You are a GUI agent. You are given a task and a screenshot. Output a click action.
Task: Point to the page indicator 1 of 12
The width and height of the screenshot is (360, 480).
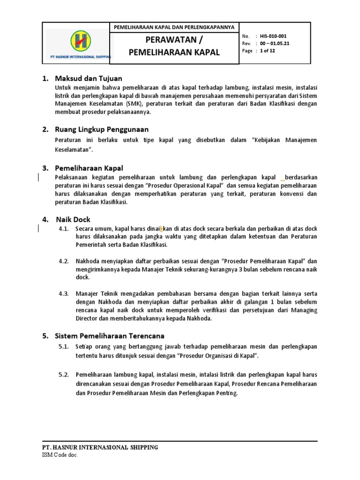click(268, 51)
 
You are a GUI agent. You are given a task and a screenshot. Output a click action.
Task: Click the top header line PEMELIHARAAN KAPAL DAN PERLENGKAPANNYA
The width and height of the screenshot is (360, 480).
click(174, 27)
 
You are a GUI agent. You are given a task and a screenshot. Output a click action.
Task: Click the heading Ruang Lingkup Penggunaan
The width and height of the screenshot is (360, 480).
click(102, 129)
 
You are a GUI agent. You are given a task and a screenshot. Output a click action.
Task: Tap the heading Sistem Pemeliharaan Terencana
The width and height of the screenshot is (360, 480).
click(110, 336)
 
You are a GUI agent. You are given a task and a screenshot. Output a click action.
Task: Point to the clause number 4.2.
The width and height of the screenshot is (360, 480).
click(64, 261)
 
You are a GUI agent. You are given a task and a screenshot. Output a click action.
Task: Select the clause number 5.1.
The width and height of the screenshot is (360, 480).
click(64, 346)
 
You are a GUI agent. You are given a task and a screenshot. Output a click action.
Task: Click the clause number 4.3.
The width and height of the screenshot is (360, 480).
click(64, 293)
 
